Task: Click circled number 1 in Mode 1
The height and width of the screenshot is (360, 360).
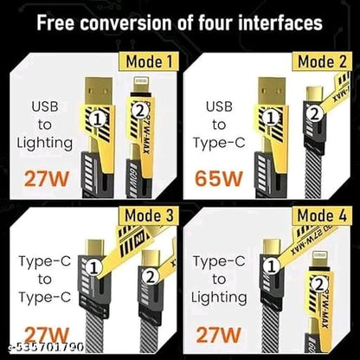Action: [100, 114]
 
